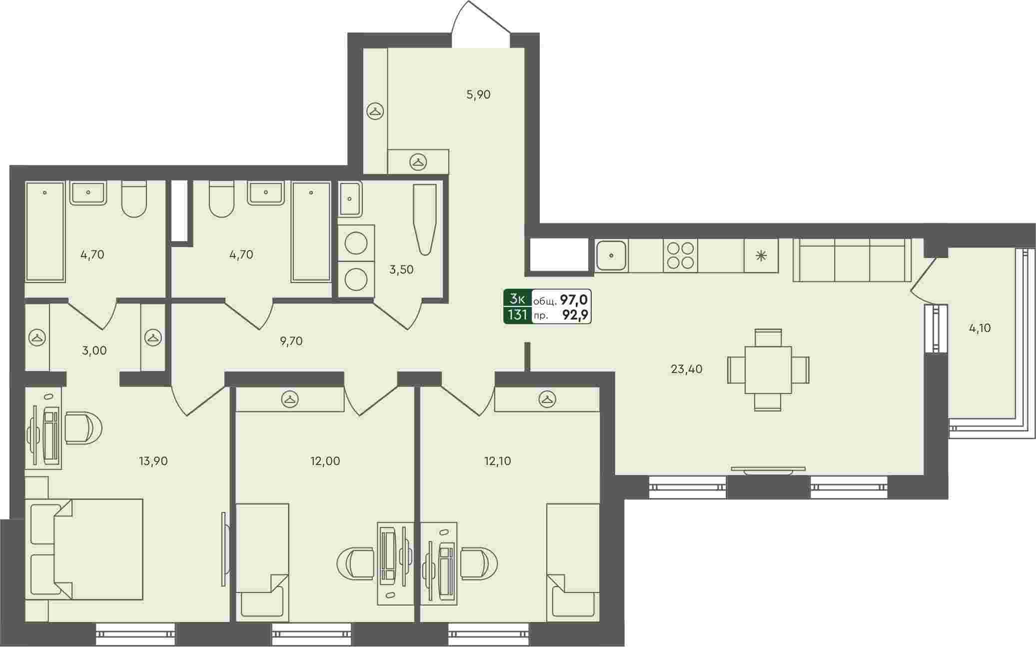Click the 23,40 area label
[686, 369]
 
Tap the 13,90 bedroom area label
[153, 461]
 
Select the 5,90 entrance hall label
[478, 94]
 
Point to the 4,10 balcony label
[980, 328]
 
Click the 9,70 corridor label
[291, 341]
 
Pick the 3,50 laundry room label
[401, 270]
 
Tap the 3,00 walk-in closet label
[94, 350]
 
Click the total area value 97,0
[574, 300]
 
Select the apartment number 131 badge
[518, 315]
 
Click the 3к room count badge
[518, 299]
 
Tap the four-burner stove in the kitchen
[680, 255]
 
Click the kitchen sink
[611, 255]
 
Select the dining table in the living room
[768, 370]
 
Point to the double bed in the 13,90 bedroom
[84, 549]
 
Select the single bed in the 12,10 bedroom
[573, 562]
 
